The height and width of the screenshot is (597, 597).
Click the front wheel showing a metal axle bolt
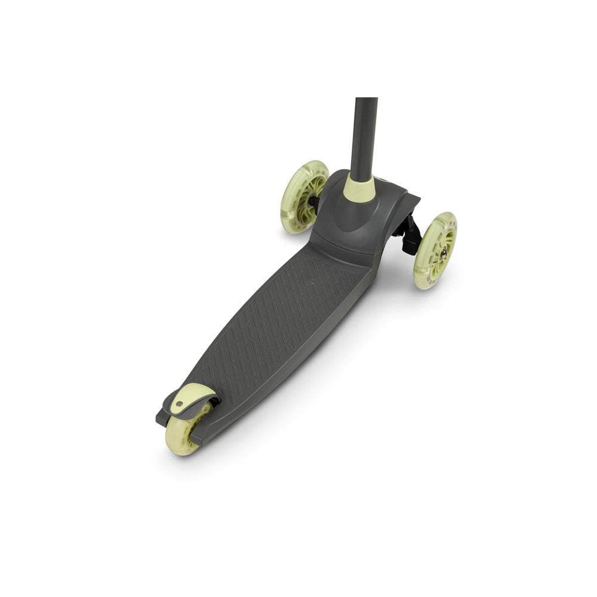click(435, 251)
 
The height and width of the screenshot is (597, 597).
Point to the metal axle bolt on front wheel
click(443, 253)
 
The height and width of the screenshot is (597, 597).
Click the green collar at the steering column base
click(359, 189)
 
